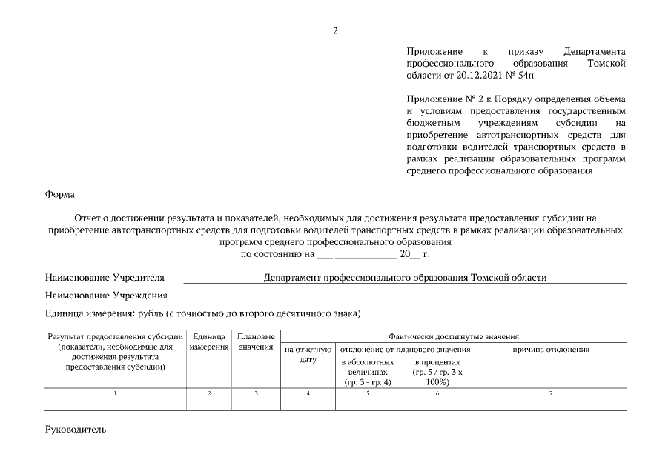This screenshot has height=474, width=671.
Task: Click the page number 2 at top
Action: tap(335, 30)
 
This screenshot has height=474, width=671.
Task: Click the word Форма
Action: tap(59, 194)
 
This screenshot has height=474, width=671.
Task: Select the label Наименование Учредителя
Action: tap(105, 278)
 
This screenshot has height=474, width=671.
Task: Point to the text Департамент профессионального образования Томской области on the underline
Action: tap(405, 278)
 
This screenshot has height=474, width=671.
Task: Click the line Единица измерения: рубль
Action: tap(202, 313)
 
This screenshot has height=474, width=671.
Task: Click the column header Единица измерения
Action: tap(208, 342)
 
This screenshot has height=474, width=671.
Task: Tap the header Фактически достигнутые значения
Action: tap(453, 336)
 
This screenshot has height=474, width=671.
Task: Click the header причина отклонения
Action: tap(550, 349)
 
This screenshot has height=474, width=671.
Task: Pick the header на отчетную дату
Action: tap(308, 354)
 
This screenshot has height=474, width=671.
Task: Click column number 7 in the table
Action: tap(550, 394)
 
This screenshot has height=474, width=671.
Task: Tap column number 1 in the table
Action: tap(115, 394)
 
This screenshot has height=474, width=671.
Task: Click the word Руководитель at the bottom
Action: tap(76, 429)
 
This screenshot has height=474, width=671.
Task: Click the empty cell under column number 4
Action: tap(308, 404)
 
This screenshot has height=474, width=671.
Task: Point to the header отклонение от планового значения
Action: tap(405, 349)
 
